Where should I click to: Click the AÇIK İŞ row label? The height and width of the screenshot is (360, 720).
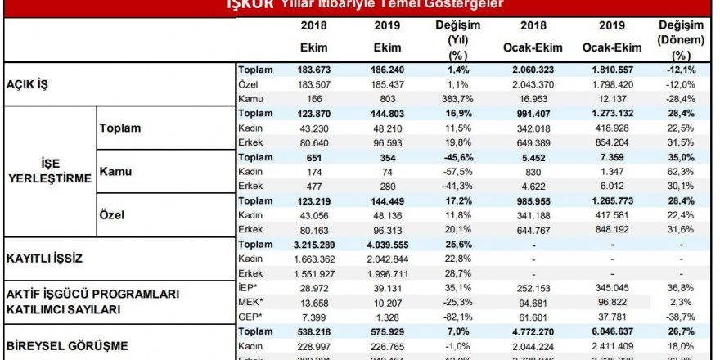tap(25, 84)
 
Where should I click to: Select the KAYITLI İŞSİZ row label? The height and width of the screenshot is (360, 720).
tap(48, 257)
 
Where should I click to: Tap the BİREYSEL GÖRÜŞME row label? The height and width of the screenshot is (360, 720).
tap(66, 345)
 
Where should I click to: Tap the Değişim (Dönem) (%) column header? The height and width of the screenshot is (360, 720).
tap(683, 39)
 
